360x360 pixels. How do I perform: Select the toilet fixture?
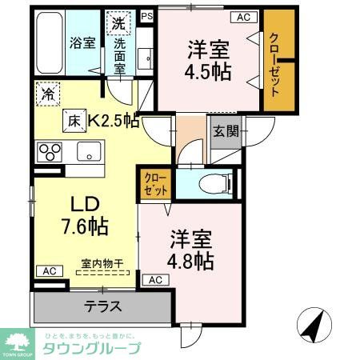coord(214,182)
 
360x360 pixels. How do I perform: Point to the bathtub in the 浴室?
coord(50,43)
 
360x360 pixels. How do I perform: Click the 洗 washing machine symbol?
coord(118,22)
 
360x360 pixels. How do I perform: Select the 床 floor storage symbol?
coord(73,122)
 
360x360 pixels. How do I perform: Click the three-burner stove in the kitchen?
coord(49,150)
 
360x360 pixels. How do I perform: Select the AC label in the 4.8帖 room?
coord(154,280)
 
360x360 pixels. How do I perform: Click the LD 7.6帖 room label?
coord(81,214)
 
